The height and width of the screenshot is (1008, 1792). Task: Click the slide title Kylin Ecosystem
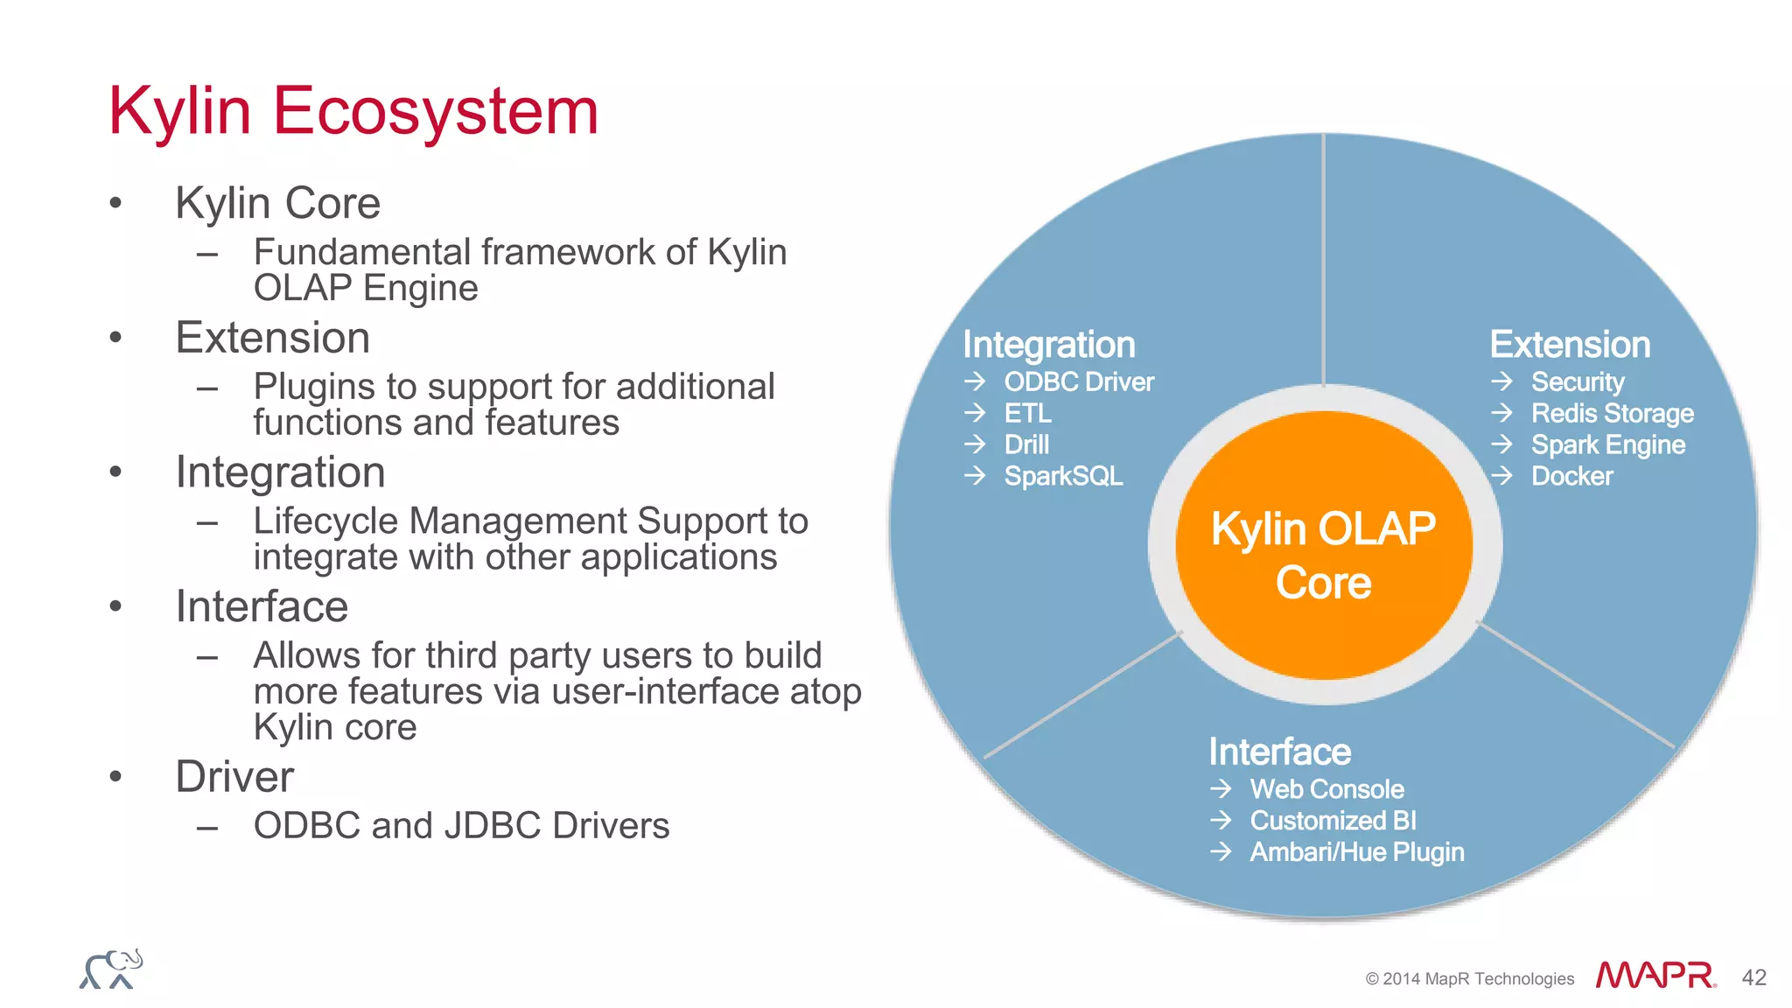(x=353, y=111)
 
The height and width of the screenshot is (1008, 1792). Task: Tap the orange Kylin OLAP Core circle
(x=1323, y=551)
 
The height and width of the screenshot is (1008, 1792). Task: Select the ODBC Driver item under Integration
(x=1078, y=382)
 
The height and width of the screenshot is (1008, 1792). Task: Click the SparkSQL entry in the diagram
(x=1063, y=476)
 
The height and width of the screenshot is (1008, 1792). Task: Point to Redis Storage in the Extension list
(x=1612, y=413)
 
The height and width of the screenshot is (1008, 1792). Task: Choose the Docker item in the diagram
(x=1571, y=476)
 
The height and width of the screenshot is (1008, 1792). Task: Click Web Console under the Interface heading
(x=1326, y=789)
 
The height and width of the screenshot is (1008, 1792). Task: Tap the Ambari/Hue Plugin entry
(x=1356, y=852)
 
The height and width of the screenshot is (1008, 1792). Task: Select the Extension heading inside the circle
(x=1570, y=345)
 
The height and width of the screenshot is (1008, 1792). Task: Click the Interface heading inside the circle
(x=1279, y=752)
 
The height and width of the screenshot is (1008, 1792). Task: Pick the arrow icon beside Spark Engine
(x=1501, y=444)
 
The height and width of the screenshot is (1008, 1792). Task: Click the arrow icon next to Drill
(x=975, y=444)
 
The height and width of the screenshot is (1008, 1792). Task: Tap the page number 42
(x=1753, y=977)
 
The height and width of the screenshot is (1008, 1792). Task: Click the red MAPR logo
(x=1655, y=975)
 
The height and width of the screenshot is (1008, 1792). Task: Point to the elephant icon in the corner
(x=111, y=969)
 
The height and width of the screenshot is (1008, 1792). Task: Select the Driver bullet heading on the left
(x=234, y=777)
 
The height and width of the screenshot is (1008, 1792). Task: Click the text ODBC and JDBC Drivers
(x=461, y=826)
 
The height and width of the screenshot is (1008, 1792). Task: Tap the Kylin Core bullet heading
(x=277, y=203)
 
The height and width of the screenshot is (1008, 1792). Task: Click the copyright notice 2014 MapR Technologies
(x=1469, y=979)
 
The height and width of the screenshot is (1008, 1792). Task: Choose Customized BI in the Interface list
(x=1333, y=821)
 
